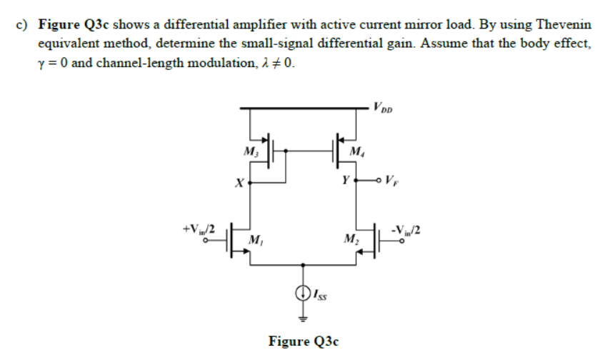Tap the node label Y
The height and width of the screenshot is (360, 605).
344,179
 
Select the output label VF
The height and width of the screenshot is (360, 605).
394,179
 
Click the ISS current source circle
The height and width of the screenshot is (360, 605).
303,291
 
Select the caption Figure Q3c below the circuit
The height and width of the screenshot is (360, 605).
303,341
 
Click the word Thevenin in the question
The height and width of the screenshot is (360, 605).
564,24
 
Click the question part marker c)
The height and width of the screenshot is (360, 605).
22,24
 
